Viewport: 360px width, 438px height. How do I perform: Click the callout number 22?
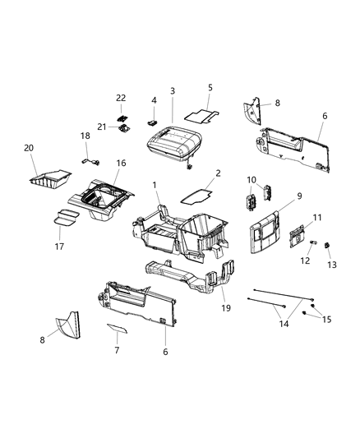coord(121,98)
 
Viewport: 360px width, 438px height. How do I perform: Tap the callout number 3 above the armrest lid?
coord(173,90)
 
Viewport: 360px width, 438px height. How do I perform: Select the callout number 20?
coord(29,148)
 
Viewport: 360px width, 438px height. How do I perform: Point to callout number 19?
coord(226,308)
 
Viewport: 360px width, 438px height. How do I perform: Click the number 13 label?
coord(332,265)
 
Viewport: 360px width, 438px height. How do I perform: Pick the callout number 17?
coord(59,247)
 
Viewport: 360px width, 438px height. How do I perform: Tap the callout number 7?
coord(117,350)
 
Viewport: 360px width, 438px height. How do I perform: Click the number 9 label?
coord(299,196)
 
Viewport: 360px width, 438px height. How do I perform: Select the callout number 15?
coord(327,320)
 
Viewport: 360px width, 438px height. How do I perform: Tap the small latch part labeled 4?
coord(152,122)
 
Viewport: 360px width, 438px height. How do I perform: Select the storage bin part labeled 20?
coord(50,180)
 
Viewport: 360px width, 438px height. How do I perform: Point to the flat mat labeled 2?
coord(196,196)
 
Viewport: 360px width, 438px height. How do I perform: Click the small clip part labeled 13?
coord(326,245)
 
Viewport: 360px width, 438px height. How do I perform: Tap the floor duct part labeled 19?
coord(190,277)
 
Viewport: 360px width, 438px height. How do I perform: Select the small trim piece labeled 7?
coord(117,329)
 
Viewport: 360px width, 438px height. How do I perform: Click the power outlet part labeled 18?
coord(91,161)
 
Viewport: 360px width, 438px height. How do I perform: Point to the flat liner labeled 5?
coord(201,116)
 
